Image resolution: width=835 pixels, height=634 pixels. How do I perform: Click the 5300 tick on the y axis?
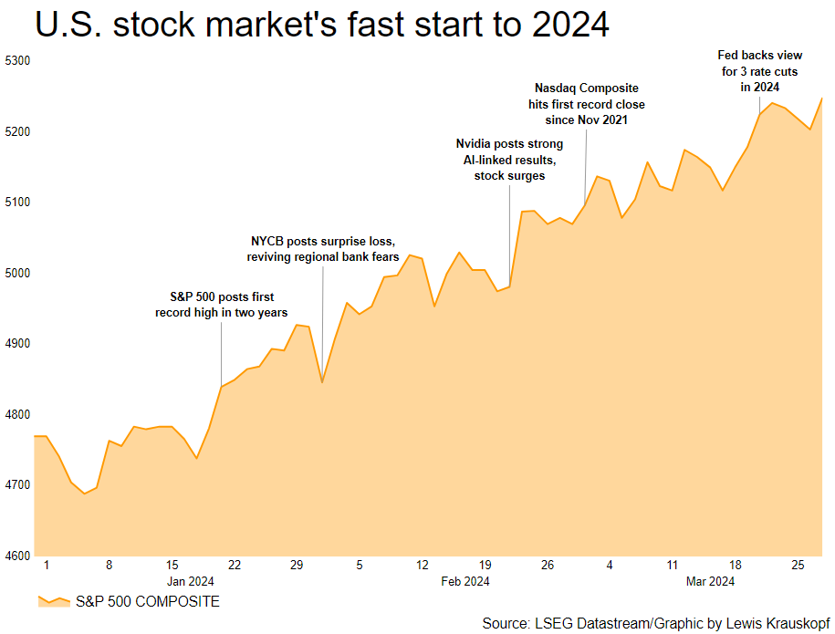coord(18,61)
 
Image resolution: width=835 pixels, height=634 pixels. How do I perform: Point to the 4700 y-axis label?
coord(18,485)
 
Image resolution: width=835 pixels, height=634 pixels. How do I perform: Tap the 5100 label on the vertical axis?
coord(18,203)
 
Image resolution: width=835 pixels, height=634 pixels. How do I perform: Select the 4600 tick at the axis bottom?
coord(18,556)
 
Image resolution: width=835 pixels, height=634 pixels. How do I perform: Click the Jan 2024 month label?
coord(190,581)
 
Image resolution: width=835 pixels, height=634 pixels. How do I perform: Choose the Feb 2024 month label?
coord(464,581)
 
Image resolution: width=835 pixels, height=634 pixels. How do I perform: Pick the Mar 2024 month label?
coord(709,581)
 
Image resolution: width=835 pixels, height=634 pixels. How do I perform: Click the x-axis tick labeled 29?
coord(297,566)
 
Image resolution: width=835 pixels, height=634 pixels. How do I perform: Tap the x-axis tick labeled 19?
coord(485,566)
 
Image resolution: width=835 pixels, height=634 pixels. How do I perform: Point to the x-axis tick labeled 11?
coord(672,566)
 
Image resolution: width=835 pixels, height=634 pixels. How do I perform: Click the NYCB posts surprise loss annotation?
coord(322,249)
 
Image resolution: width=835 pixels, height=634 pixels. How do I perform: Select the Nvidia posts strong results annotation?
coord(509,160)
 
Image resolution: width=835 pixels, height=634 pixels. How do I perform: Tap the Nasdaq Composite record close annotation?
coord(586,104)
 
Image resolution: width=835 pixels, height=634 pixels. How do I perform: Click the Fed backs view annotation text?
coord(760,71)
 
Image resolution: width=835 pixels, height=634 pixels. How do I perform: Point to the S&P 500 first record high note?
coord(222,305)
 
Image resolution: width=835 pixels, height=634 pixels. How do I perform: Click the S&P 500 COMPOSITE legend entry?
coord(128,602)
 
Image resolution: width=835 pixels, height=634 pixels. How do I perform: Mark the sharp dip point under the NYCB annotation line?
coord(322,381)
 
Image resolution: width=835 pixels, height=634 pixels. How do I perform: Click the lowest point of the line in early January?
coord(85,494)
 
